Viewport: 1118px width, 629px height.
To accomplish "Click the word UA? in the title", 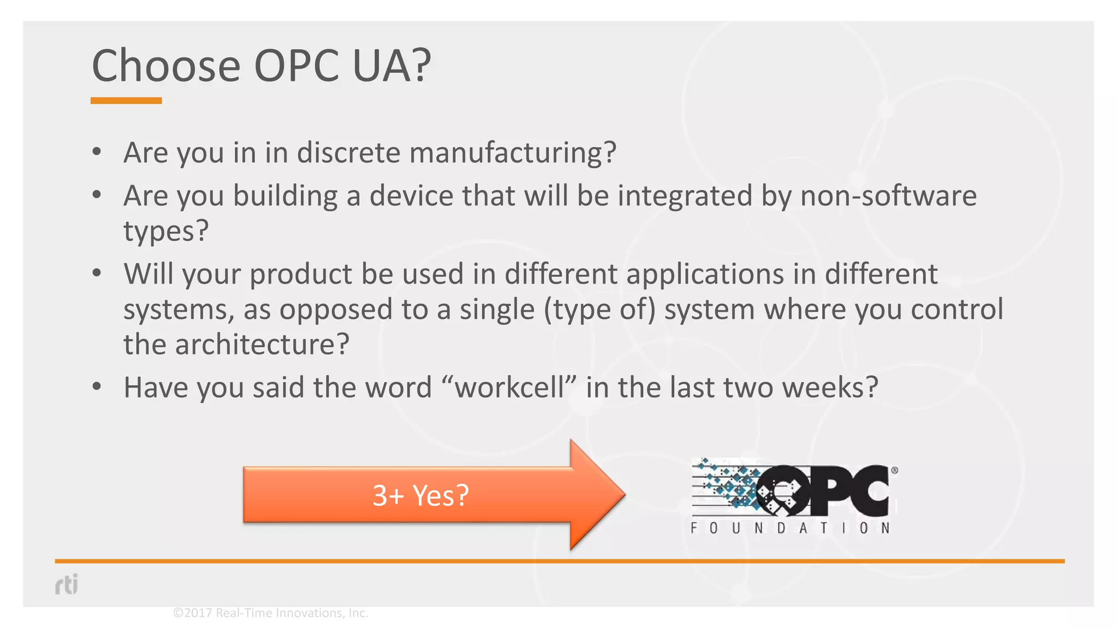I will point(391,66).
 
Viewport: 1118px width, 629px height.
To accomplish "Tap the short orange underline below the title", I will point(126,100).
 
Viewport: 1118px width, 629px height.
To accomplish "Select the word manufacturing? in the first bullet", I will point(513,152).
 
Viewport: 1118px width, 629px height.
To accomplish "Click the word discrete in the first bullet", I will point(348,152).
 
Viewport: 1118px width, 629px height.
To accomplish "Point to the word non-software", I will point(888,195).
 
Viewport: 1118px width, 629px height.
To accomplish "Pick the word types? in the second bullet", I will point(166,231).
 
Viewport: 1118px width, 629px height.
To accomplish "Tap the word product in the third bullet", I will point(301,274).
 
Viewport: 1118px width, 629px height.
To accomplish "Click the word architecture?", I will point(261,345).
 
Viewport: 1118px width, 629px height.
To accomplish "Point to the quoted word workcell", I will point(509,388).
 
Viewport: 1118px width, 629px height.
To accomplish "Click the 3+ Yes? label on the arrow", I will point(420,495).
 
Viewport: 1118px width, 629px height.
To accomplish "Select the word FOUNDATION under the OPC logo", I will point(790,528).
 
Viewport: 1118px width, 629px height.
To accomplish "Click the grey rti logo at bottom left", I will point(67,584).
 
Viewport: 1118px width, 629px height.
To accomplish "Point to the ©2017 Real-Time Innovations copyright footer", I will point(270,613).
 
